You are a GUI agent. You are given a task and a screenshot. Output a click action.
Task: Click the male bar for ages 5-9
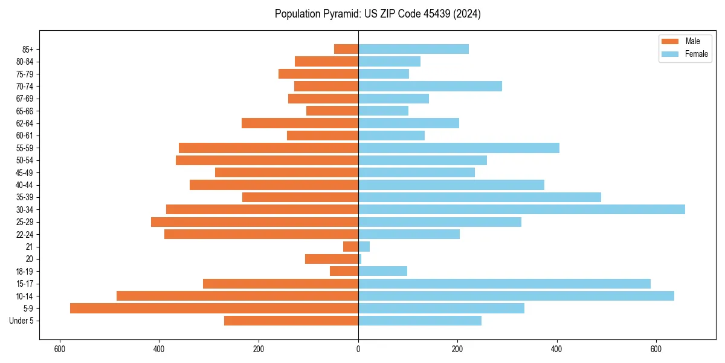pyautogui.click(x=214, y=308)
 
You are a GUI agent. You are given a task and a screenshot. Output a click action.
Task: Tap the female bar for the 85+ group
pyautogui.click(x=413, y=49)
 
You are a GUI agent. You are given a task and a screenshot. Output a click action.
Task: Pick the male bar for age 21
pyautogui.click(x=350, y=246)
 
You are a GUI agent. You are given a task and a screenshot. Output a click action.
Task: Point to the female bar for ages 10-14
pyautogui.click(x=516, y=296)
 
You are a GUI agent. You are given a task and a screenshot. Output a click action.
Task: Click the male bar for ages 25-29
pyautogui.click(x=254, y=222)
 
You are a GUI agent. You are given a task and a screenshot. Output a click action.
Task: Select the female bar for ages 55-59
pyautogui.click(x=459, y=148)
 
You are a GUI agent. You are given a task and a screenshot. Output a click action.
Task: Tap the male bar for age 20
pyautogui.click(x=332, y=259)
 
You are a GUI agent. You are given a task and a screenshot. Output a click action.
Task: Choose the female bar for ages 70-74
pyautogui.click(x=430, y=86)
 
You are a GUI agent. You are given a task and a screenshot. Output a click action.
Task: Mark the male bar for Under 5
pyautogui.click(x=291, y=321)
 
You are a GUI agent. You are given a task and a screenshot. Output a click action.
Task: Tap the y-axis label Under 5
pyautogui.click(x=21, y=321)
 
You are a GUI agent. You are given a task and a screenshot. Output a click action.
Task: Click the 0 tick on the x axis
pyautogui.click(x=358, y=348)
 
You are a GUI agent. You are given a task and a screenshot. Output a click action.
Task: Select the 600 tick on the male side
pyautogui.click(x=60, y=348)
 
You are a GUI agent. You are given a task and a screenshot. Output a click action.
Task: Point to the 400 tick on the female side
pyautogui.click(x=556, y=348)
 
